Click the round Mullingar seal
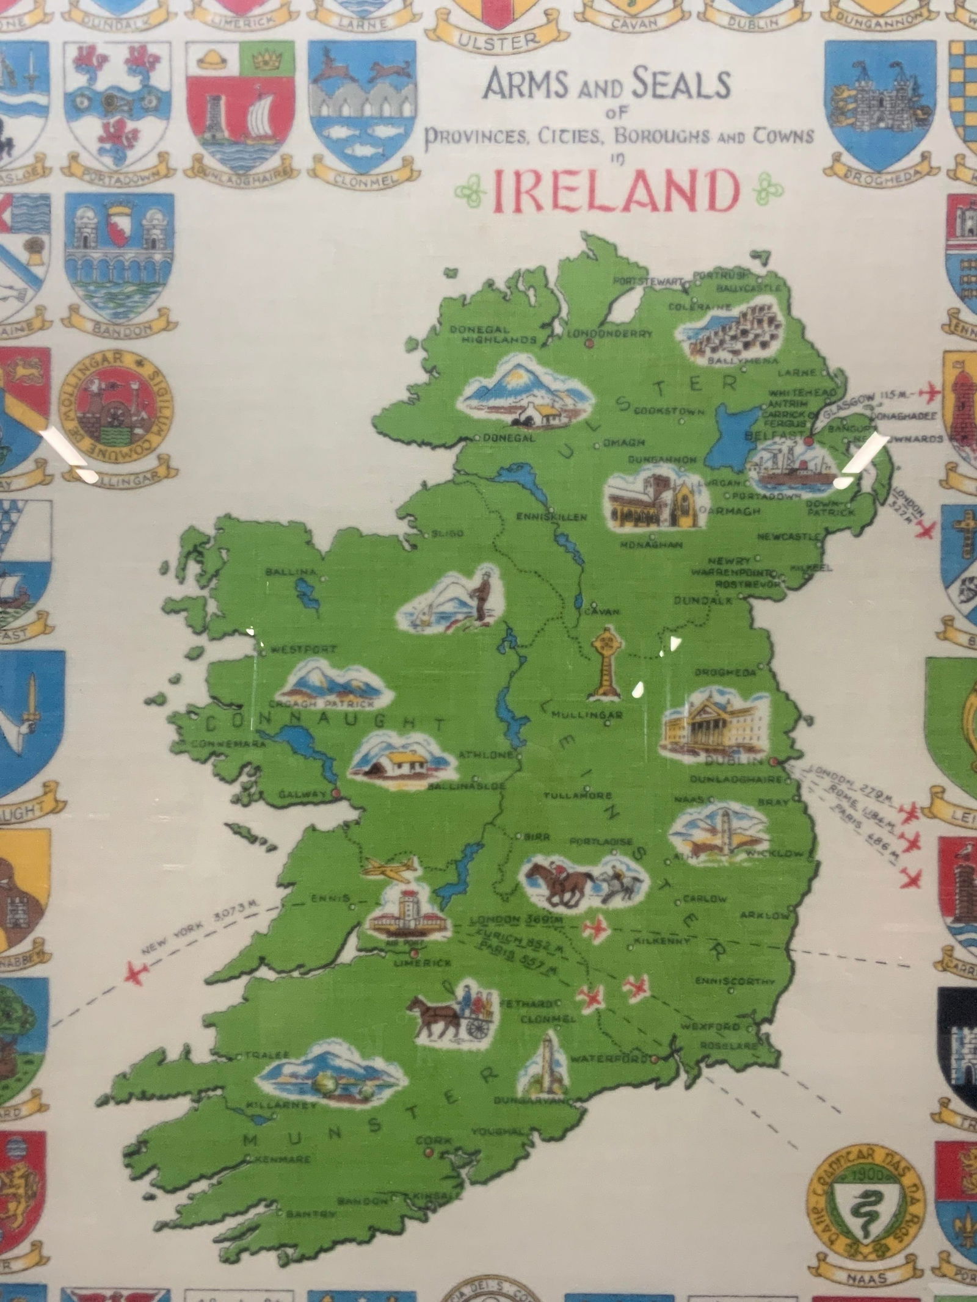click(x=116, y=406)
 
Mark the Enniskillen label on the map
click(x=551, y=518)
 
